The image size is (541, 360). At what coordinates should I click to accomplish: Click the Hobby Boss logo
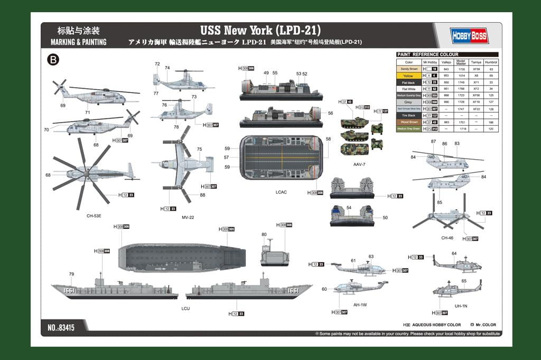click(469, 35)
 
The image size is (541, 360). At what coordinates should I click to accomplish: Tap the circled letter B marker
click(53, 60)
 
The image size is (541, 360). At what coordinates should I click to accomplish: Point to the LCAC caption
click(281, 192)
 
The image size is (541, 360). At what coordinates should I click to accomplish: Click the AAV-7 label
click(359, 164)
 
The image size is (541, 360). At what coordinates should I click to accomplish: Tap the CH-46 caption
click(447, 238)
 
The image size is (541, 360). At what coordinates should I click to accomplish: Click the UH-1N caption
click(461, 306)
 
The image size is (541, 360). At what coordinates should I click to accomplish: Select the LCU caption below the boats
click(185, 308)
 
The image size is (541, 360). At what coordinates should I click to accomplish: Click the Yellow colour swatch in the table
click(408, 76)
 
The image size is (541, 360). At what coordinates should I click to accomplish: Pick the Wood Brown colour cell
click(408, 122)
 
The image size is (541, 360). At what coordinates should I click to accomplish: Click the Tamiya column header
click(476, 62)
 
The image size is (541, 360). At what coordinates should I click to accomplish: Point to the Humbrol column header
click(491, 62)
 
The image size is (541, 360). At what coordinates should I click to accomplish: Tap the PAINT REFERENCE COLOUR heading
click(428, 54)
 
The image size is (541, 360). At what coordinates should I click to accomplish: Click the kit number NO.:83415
click(61, 328)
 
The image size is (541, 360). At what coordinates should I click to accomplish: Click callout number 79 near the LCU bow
click(71, 274)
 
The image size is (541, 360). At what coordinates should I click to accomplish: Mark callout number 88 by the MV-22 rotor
click(202, 195)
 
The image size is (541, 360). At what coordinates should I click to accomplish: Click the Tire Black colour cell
click(408, 115)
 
